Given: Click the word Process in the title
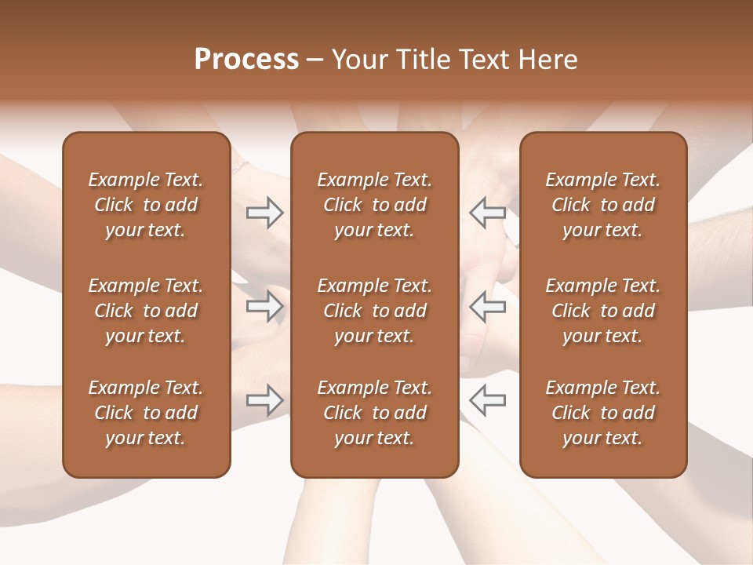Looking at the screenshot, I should pos(246,60).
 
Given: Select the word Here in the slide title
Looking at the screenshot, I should pos(547,60).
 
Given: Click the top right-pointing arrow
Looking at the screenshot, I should pos(264,213).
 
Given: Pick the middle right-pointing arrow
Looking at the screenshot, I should pos(264,306).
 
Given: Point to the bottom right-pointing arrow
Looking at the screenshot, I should pos(264,400).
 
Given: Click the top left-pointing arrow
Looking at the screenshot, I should pos(487,213).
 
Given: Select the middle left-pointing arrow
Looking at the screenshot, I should pos(487,306).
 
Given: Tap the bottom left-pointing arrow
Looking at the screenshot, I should pos(487,400).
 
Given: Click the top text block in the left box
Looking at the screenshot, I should pos(146,205).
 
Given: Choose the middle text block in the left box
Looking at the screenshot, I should pos(146,311).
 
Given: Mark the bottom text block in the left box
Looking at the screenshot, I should pos(146,413).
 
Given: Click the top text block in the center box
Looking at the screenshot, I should pos(374,205).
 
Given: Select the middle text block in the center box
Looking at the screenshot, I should pos(374,311).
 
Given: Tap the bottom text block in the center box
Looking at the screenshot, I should pos(374,413).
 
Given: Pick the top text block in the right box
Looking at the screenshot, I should pos(602,205).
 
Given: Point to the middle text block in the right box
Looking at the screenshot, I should pos(602,311).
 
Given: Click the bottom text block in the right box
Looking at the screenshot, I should pos(602,413).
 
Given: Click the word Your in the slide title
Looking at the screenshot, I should pos(358,60).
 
